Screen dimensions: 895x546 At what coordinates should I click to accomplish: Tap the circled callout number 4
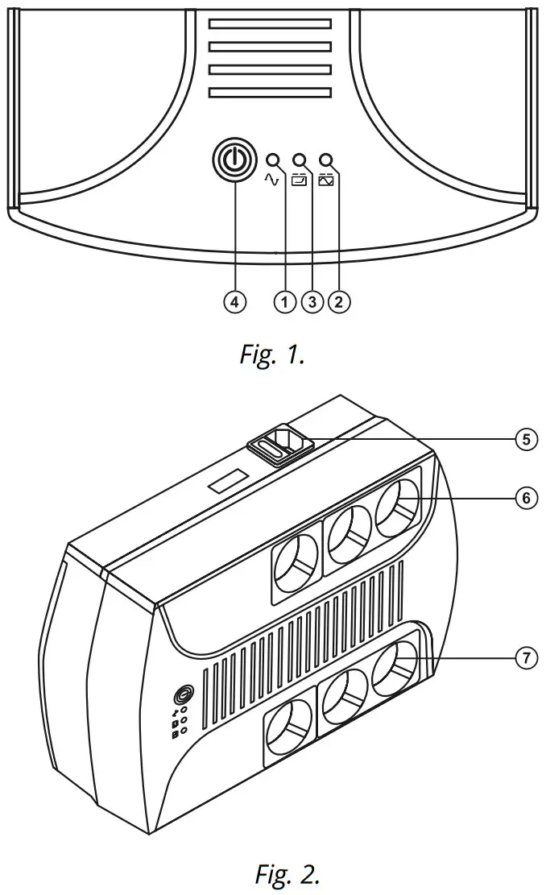[x=234, y=301]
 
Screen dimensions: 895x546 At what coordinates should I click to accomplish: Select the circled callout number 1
[x=283, y=301]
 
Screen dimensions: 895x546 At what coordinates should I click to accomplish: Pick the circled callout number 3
[x=311, y=301]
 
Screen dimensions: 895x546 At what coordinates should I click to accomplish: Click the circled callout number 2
[x=339, y=301]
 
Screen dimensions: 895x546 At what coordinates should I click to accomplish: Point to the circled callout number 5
[x=526, y=439]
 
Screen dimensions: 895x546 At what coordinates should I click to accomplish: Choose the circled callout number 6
[x=526, y=498]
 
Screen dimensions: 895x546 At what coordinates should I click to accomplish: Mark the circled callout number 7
[x=526, y=657]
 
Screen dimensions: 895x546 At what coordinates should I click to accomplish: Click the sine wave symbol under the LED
[x=271, y=180]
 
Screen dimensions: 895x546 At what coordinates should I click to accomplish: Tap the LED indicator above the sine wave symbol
[x=273, y=160]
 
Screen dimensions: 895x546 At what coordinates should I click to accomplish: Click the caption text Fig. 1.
[x=272, y=355]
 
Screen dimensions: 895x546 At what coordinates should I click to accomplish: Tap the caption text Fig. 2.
[x=287, y=872]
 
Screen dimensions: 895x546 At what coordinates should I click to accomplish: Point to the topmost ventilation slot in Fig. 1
[x=270, y=24]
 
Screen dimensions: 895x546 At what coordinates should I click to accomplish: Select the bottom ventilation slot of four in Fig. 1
[x=270, y=93]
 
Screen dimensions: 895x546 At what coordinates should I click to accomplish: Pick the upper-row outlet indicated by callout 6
[x=397, y=508]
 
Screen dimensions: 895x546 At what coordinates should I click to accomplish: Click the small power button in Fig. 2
[x=184, y=695]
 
